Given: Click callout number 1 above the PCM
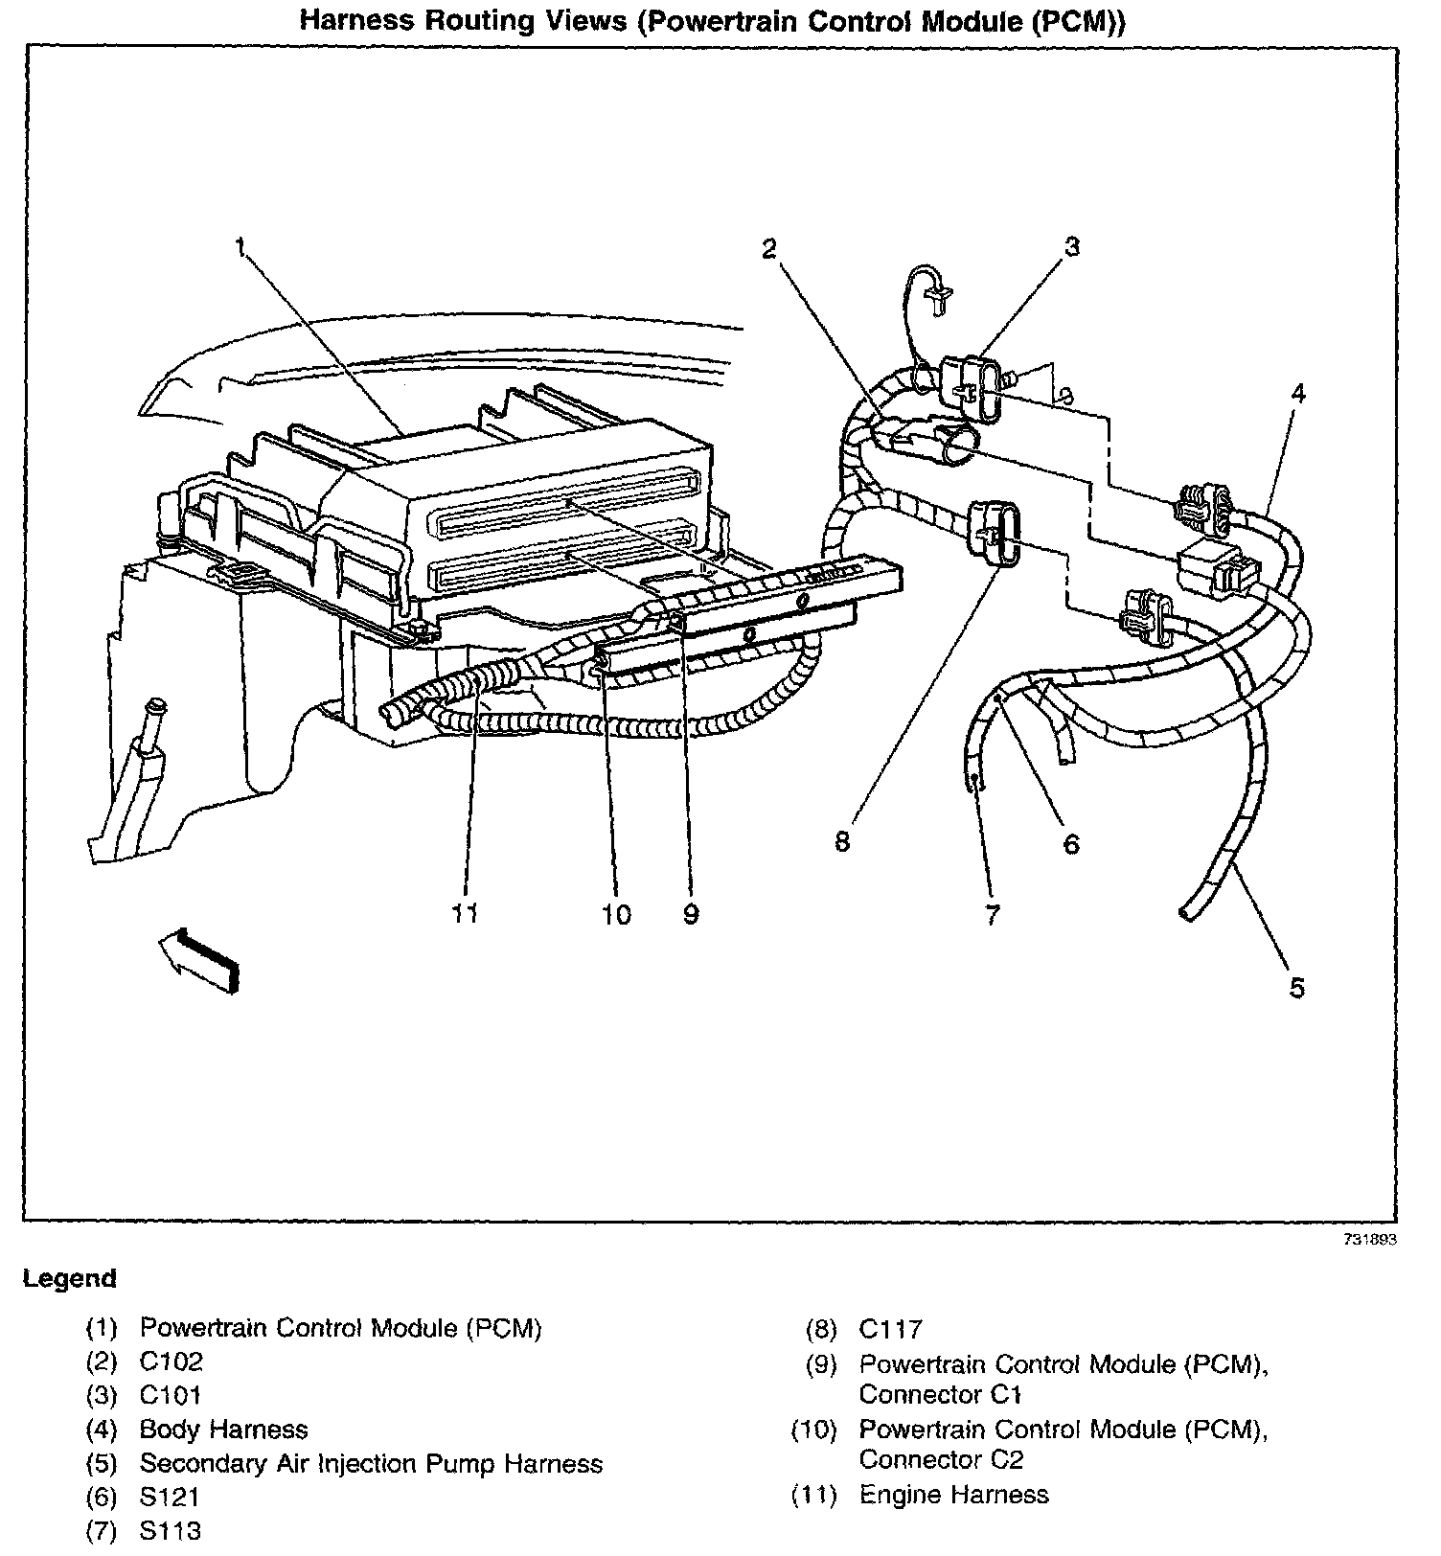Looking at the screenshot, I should pyautogui.click(x=240, y=248).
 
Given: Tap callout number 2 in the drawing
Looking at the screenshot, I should pyautogui.click(x=767, y=248).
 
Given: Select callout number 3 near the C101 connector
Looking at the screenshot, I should pyautogui.click(x=1072, y=246).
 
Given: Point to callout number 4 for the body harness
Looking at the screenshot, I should pyautogui.click(x=1297, y=393).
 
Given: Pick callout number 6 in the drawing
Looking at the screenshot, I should pyautogui.click(x=1071, y=843).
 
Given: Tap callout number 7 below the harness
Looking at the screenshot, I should pyautogui.click(x=992, y=915).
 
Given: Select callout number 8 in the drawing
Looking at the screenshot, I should pyautogui.click(x=842, y=842).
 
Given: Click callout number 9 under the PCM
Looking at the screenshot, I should pyautogui.click(x=691, y=915).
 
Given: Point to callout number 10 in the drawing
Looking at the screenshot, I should pyautogui.click(x=616, y=915).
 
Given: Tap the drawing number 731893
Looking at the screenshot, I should pyautogui.click(x=1369, y=1239).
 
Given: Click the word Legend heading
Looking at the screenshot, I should pyautogui.click(x=70, y=1278).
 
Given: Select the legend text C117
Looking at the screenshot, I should pyautogui.click(x=890, y=1329).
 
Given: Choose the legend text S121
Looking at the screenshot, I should pyautogui.click(x=171, y=1497).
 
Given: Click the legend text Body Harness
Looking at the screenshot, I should pyautogui.click(x=223, y=1430).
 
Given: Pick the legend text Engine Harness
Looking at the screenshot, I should pyautogui.click(x=953, y=1495).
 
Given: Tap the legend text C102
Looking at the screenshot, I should pyautogui.click(x=172, y=1361).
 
